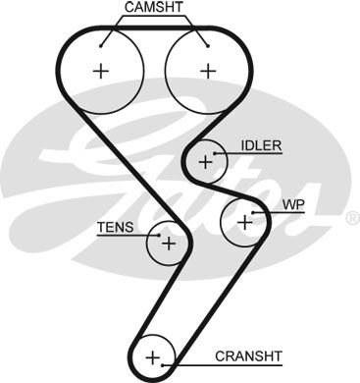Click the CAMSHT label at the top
coord(154,9)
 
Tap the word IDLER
coord(261,145)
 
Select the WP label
coord(293,205)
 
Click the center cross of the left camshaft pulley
coord(101,70)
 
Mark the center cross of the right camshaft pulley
coord(207,70)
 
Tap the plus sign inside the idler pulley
coord(205,161)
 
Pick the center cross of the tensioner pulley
coord(169,242)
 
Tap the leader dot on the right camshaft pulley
coord(206,43)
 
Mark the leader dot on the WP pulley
coord(254,212)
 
